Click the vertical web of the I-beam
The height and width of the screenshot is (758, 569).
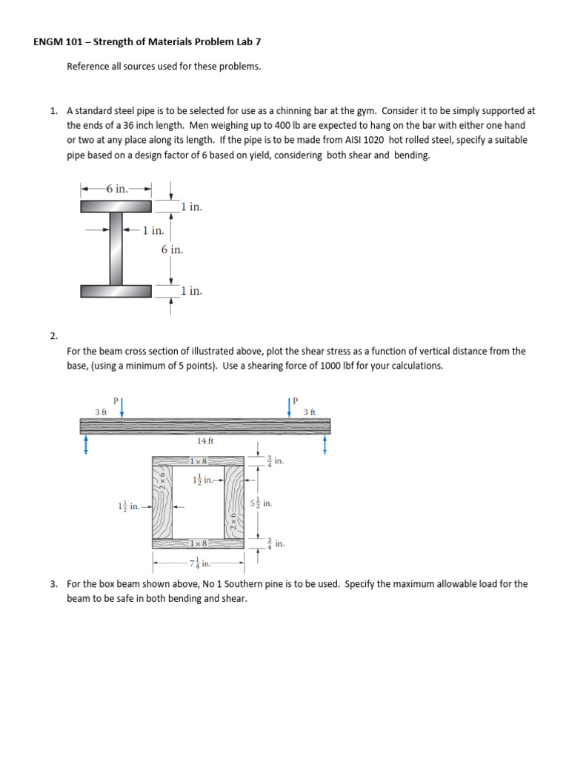(116, 248)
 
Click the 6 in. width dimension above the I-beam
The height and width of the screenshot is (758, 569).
(116, 189)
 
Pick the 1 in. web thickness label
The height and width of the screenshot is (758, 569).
(153, 230)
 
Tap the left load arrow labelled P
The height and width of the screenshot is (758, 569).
(122, 407)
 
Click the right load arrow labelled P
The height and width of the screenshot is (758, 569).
(290, 407)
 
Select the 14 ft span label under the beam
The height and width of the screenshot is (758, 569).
(205, 440)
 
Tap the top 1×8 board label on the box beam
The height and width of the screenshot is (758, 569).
(198, 461)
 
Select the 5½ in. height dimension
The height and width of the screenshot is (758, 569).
(267, 503)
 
